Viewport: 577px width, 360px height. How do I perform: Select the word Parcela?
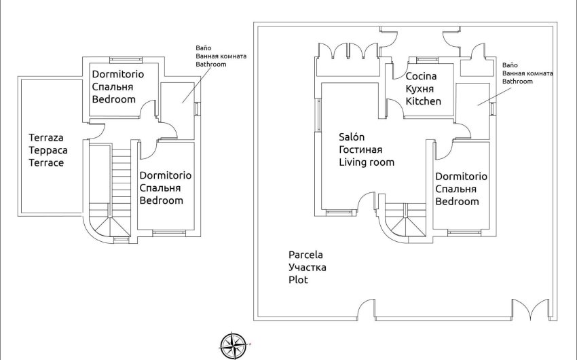tap(305, 255)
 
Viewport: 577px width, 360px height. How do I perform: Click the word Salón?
tap(352, 137)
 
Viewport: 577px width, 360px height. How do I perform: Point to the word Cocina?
tap(421, 76)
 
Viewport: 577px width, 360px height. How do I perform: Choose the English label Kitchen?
tap(424, 101)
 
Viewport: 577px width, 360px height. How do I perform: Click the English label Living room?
tap(367, 162)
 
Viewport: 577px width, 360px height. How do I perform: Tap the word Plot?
tap(298, 280)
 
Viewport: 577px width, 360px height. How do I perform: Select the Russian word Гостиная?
tap(360, 149)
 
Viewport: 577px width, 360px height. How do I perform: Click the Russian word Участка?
tap(307, 267)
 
